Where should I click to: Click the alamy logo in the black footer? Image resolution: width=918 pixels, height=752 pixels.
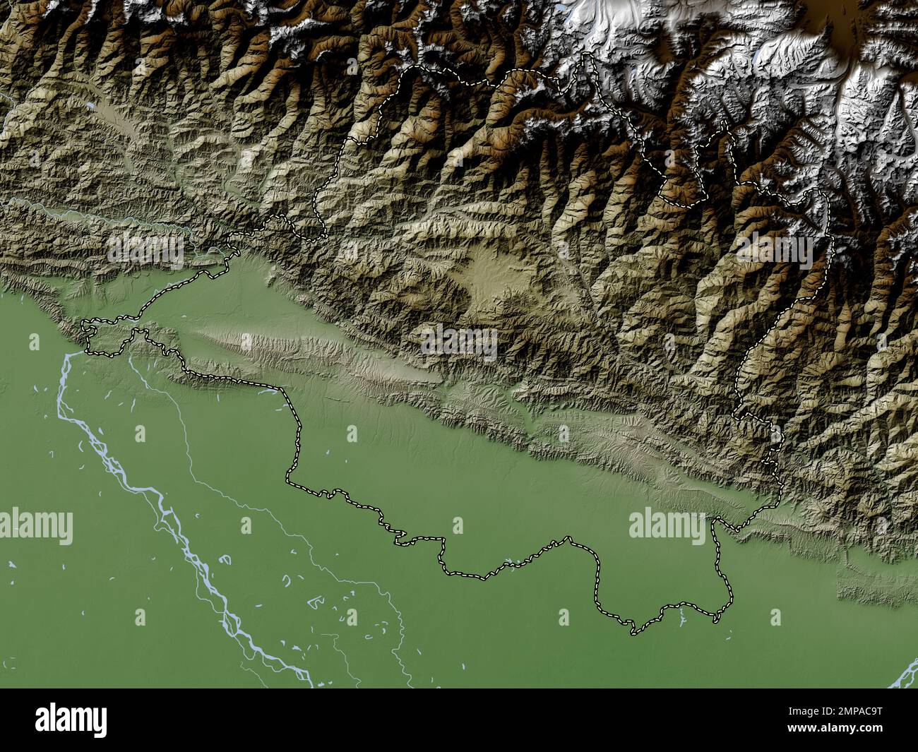71,720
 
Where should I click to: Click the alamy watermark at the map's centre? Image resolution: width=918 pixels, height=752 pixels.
459,343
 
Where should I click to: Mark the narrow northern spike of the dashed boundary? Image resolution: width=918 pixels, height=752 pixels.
586,67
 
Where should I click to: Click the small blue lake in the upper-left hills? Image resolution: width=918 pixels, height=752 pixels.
92,107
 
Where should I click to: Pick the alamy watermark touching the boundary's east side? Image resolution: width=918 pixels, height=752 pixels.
667,526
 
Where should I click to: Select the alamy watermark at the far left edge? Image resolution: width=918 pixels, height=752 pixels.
35,526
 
